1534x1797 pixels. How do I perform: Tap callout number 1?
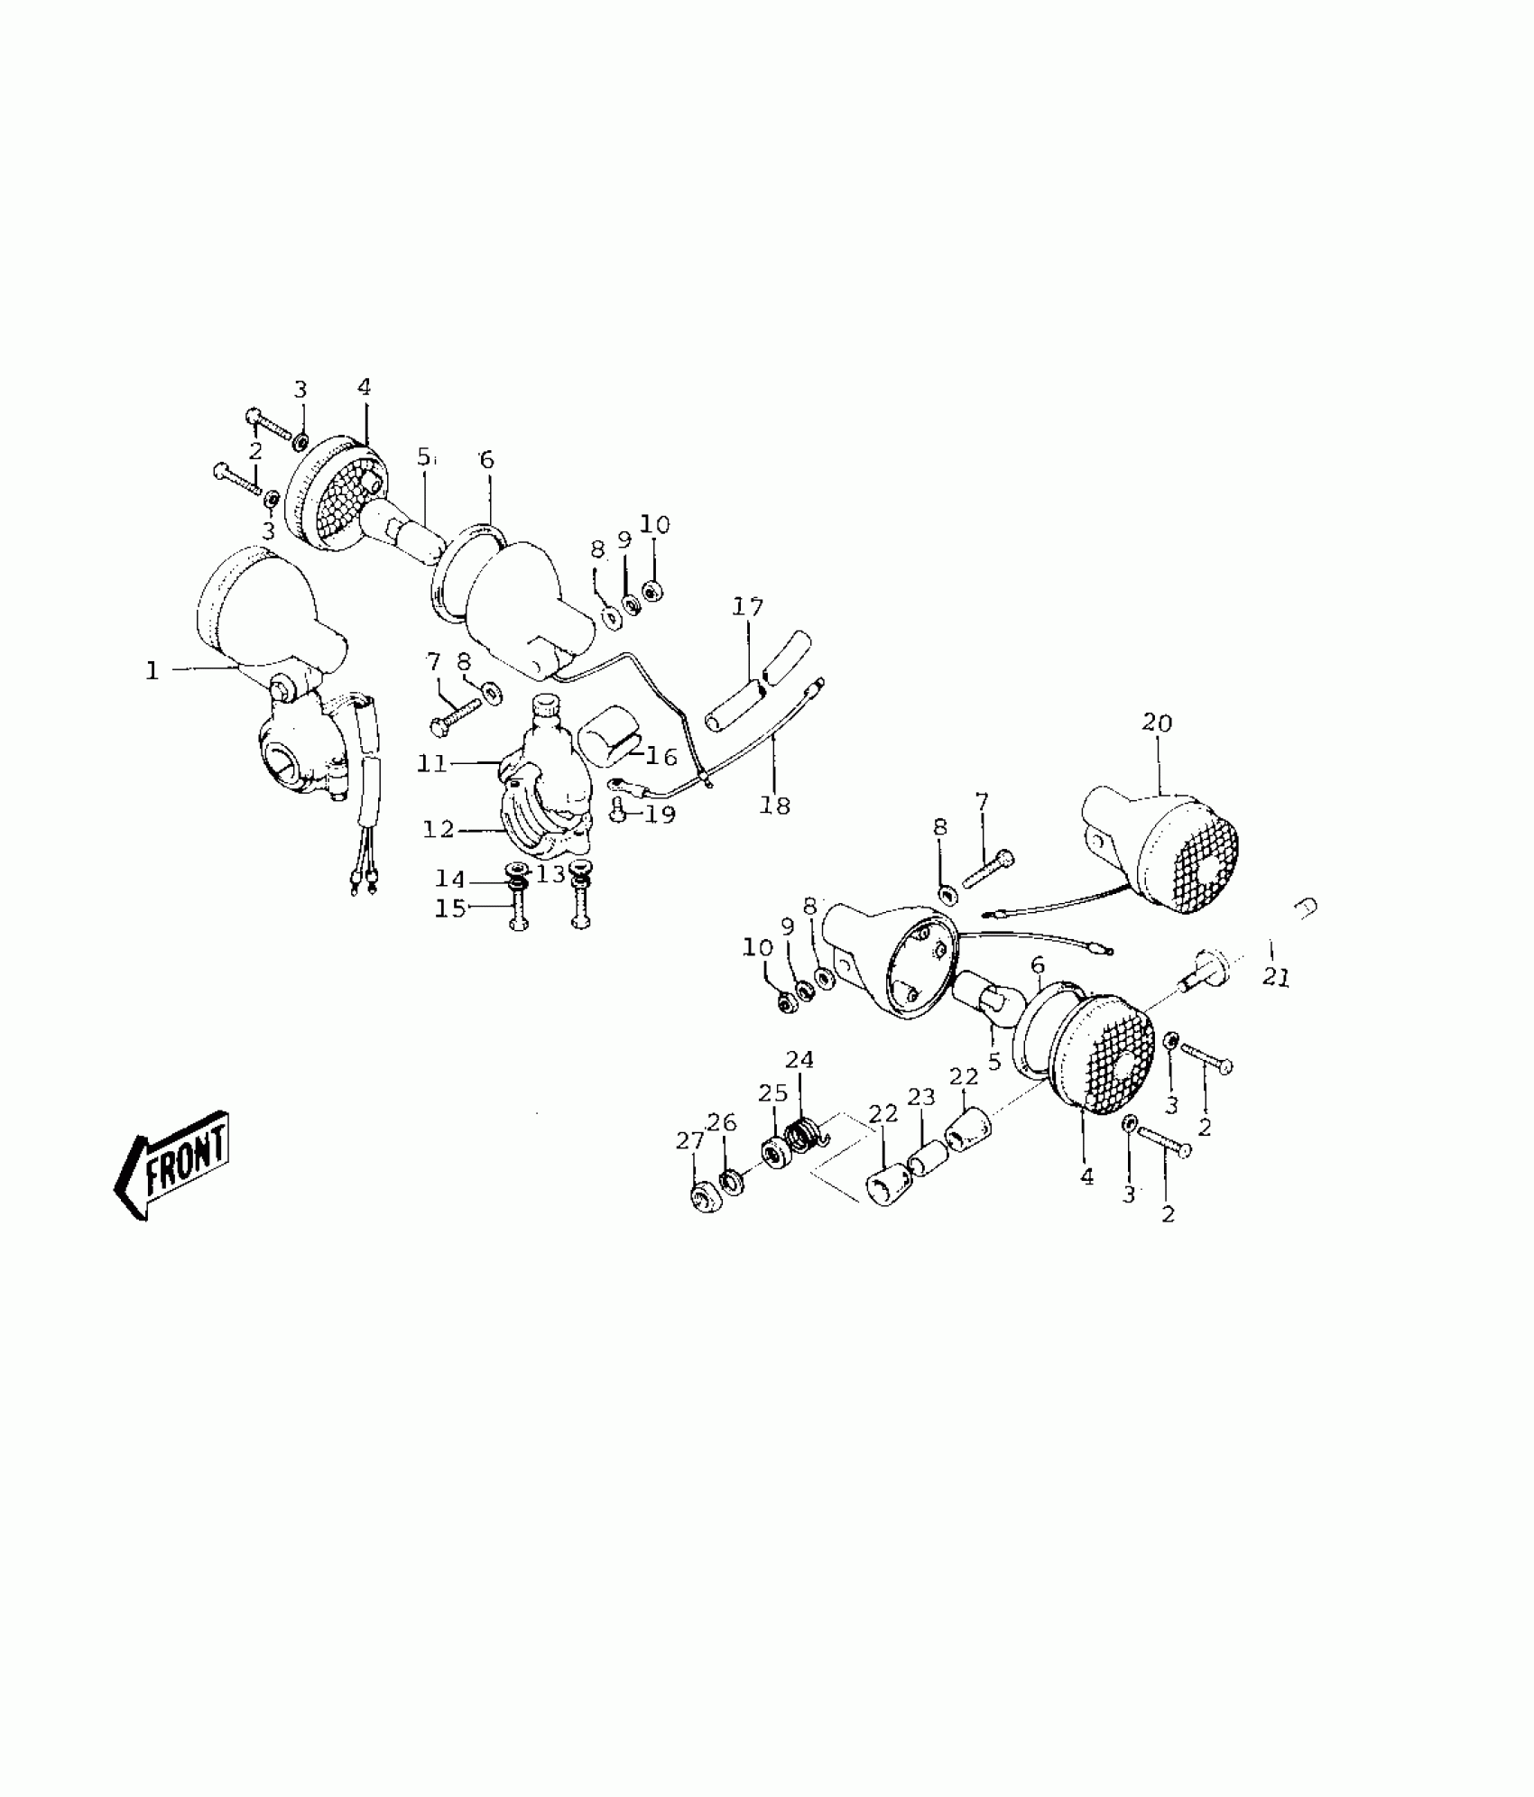(152, 670)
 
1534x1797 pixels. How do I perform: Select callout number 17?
(748, 606)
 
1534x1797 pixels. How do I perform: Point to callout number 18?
(774, 805)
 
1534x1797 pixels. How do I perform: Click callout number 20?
(1157, 723)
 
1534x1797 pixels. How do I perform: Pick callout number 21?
(1277, 977)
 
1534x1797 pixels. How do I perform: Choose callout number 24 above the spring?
(799, 1059)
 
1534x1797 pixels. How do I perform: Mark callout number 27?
(689, 1141)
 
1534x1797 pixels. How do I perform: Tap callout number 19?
(661, 815)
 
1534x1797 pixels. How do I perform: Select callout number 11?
(432, 763)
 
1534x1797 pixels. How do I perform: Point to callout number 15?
(450, 908)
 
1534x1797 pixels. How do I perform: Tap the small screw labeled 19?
(619, 811)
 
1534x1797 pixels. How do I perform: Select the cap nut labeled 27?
(702, 1201)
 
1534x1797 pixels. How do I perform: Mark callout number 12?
(439, 828)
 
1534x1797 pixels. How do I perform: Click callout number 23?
(921, 1097)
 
